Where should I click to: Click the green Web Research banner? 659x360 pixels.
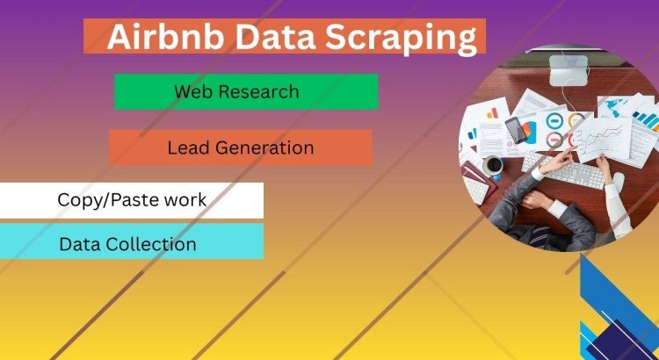coord(245,91)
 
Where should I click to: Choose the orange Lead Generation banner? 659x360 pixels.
coord(240,148)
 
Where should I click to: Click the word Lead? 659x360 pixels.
coord(186,148)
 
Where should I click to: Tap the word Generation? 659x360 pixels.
coord(262,148)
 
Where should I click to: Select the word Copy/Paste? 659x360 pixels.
coord(102,200)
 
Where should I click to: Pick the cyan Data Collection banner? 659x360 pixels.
coord(131,242)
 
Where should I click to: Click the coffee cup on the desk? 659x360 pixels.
coord(495,164)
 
